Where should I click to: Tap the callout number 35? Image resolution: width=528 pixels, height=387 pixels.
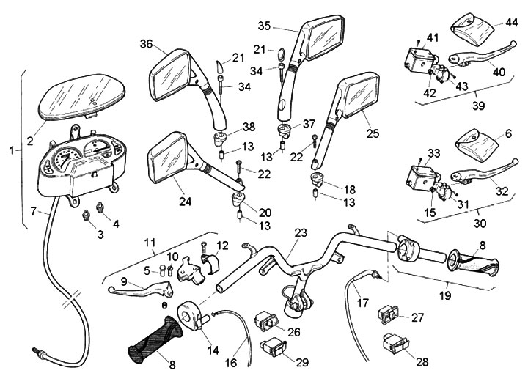click(x=265, y=26)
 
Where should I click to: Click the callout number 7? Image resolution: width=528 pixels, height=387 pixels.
click(x=34, y=212)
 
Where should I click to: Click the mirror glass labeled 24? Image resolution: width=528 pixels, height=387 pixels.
click(x=169, y=159)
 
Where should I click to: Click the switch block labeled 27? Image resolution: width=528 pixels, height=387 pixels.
click(x=388, y=314)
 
